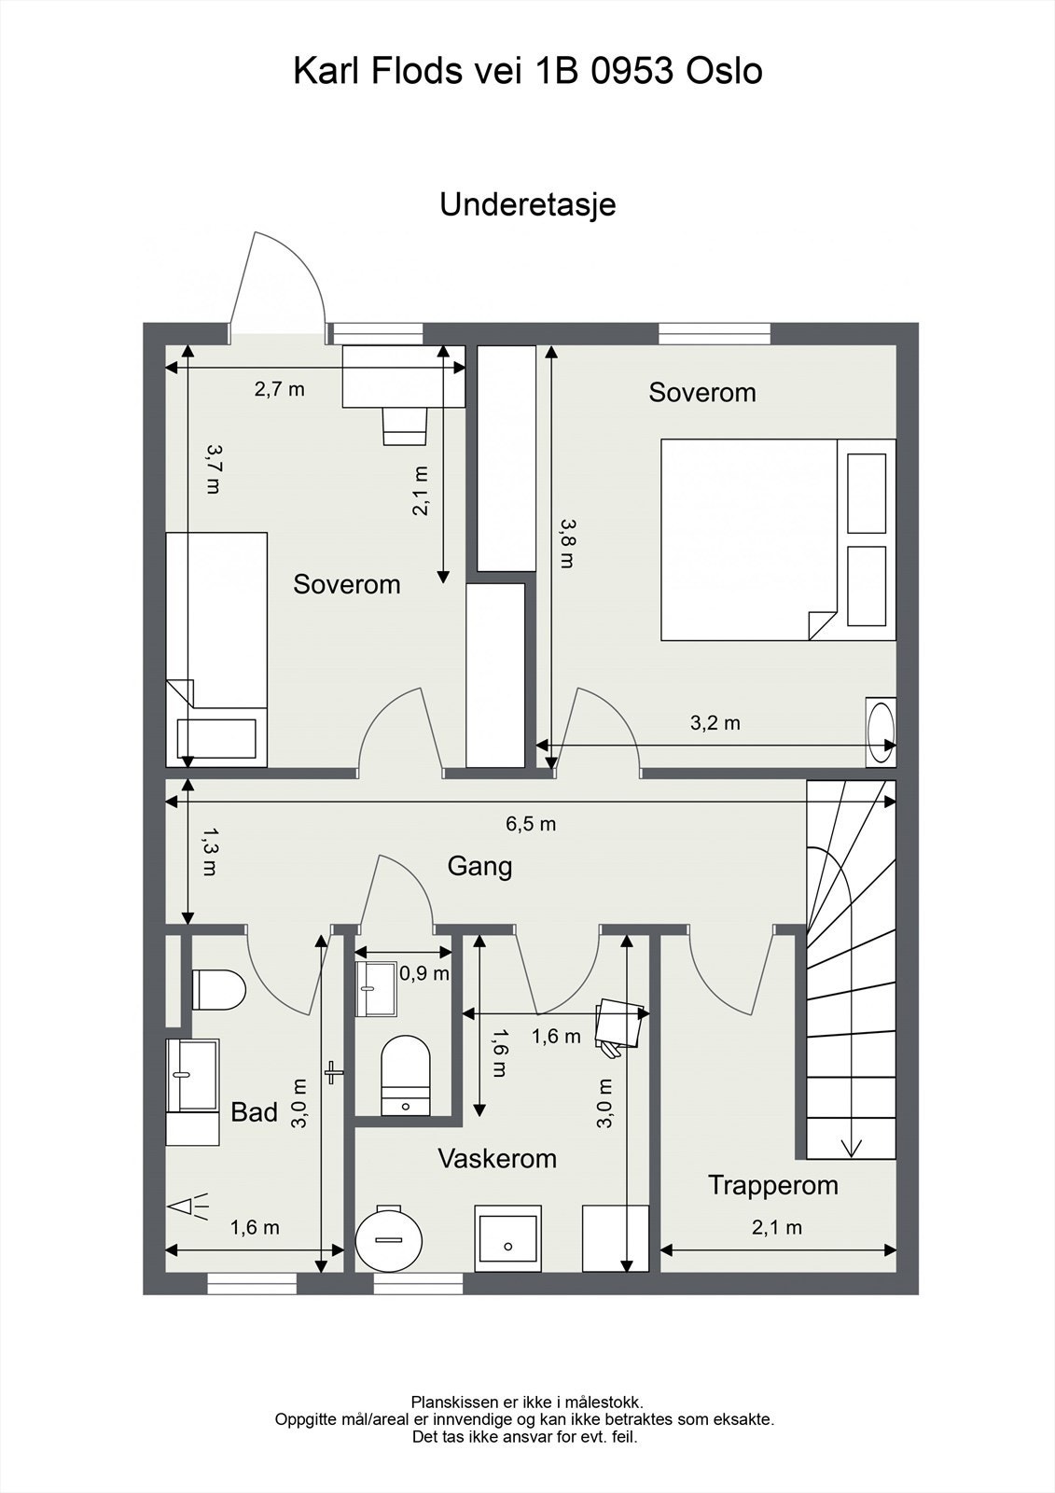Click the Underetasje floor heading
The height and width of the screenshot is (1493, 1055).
coord(527,205)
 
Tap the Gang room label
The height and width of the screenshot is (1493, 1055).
coord(479,867)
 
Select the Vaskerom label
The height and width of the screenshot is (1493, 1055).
coord(497,1158)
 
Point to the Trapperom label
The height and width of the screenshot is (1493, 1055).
coord(773,1186)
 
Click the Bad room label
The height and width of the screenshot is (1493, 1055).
coord(254,1111)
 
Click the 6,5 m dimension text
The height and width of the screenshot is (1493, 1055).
coord(531,824)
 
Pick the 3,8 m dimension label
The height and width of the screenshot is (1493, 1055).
coord(566,543)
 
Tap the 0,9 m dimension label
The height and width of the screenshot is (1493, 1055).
coord(424,974)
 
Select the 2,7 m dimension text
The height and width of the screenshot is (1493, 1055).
coord(279,388)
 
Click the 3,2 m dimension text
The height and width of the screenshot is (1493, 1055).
coord(715,722)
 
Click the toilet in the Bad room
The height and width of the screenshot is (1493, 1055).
coord(218,990)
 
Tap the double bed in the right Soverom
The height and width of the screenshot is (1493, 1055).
coord(778,539)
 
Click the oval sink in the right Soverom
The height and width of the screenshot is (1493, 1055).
coord(881,732)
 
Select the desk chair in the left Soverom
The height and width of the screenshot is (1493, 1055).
coord(405,426)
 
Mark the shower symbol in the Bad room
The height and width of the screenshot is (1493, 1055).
coord(188,1206)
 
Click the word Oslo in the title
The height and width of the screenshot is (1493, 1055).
coord(724,71)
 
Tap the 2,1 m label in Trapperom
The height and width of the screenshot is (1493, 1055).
coord(777,1227)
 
